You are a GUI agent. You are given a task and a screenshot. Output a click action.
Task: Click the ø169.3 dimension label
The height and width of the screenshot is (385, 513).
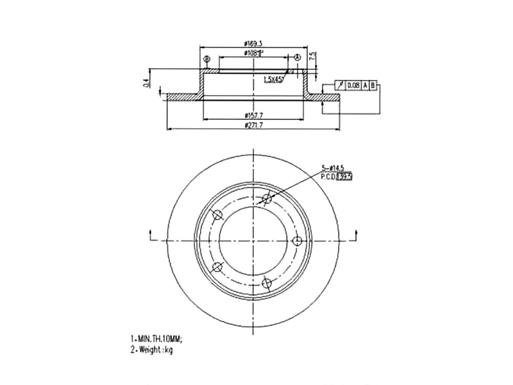pyautogui.click(x=254, y=43)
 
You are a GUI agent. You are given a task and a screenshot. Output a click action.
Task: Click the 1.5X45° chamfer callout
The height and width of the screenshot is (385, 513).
pyautogui.click(x=274, y=79)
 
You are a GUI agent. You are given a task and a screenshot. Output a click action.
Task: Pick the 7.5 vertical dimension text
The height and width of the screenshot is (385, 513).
pyautogui.click(x=312, y=56)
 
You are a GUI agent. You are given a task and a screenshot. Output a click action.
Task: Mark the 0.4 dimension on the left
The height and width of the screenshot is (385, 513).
pyautogui.click(x=146, y=81)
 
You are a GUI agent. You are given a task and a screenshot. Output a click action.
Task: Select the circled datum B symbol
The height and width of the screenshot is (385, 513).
pyautogui.click(x=206, y=60)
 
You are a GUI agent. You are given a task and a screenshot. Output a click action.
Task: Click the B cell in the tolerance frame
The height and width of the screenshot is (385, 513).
pyautogui.click(x=373, y=85)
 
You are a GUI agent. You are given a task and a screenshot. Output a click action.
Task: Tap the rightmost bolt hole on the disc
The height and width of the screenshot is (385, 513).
pyautogui.click(x=297, y=241)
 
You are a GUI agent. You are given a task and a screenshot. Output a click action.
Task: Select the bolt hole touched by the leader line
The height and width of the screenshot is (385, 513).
pyautogui.click(x=267, y=199)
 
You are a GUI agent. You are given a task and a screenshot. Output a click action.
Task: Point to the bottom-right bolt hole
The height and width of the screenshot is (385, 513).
pyautogui.click(x=267, y=282)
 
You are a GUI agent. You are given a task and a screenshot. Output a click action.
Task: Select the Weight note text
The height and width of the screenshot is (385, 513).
pyautogui.click(x=151, y=350)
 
